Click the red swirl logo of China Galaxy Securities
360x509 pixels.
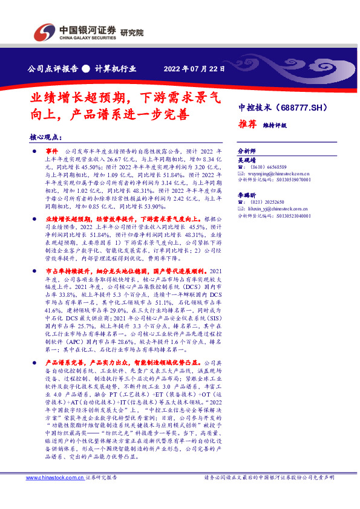click(45, 31)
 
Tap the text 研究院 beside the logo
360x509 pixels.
click(132, 33)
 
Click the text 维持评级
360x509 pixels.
click(275, 126)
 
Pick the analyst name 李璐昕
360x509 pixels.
click(246, 197)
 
